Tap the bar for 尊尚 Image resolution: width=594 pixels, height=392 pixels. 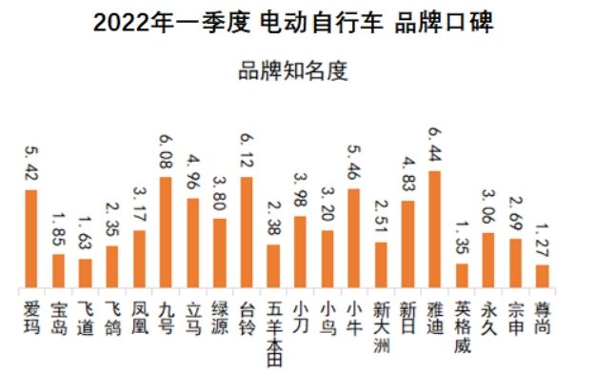coord(543,277)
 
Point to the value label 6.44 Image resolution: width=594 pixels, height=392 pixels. coord(436,148)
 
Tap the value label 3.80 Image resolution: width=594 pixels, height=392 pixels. coord(220,195)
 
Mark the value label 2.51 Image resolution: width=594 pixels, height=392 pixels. coord(382,218)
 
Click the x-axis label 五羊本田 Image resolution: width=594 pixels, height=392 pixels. coord(274,333)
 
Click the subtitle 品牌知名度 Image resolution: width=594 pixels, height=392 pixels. coord(295,69)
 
